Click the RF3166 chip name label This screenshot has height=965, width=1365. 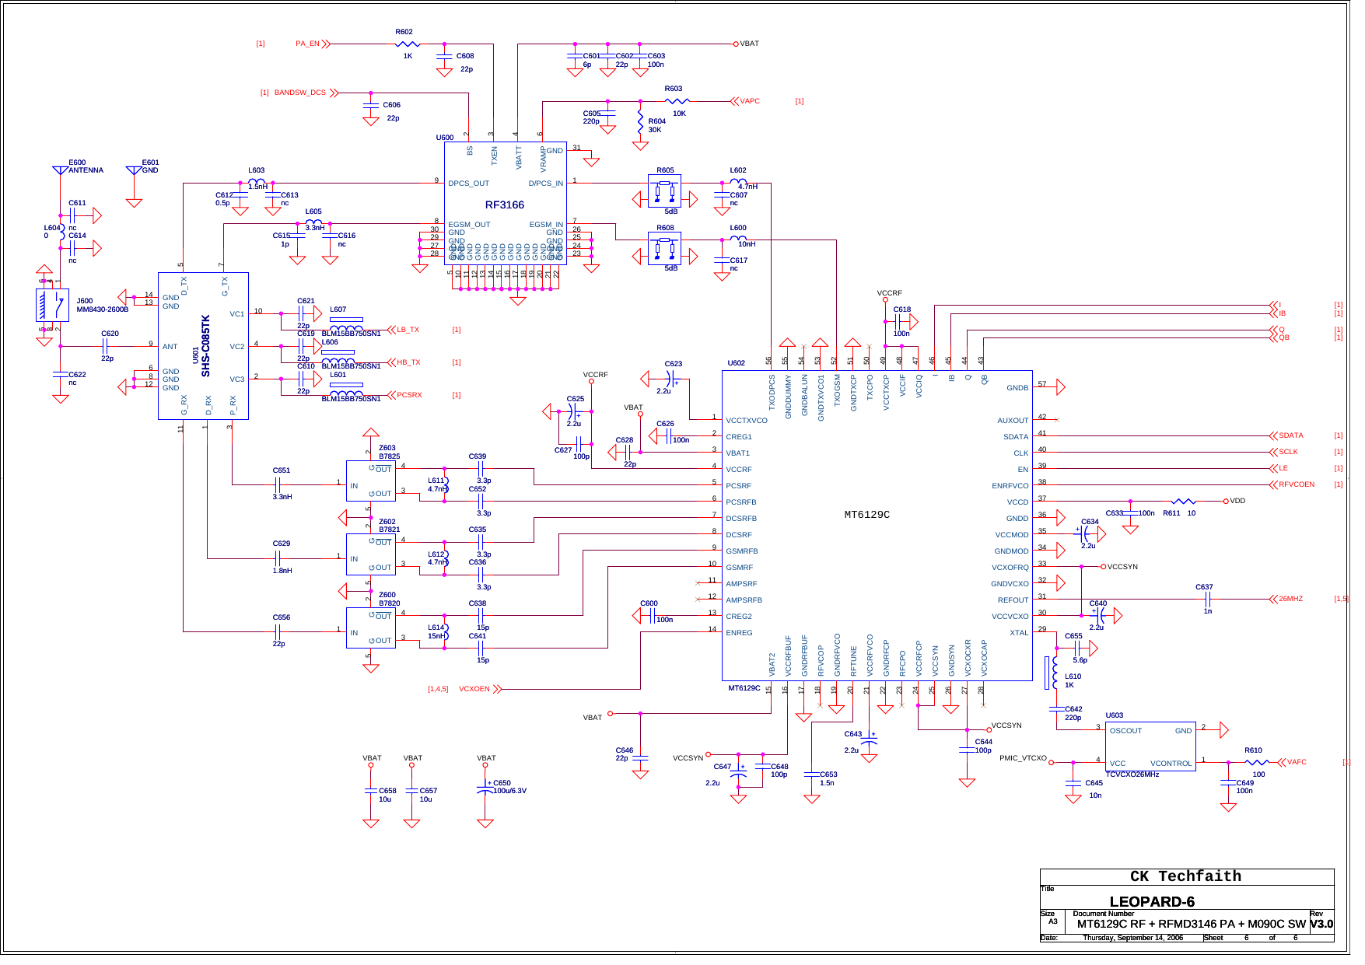(504, 205)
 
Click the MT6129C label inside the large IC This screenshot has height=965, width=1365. (866, 515)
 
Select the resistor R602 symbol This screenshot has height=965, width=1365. (407, 44)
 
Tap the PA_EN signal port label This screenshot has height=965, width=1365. (307, 44)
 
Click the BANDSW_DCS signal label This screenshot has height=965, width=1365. (299, 93)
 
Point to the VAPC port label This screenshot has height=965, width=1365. (749, 101)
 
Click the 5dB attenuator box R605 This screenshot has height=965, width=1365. (664, 191)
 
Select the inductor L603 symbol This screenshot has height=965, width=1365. (256, 183)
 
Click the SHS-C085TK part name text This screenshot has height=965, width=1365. (206, 345)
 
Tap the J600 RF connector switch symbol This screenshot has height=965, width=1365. (52, 305)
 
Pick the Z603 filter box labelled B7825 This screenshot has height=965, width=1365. (371, 481)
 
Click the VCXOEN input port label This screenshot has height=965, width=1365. (474, 689)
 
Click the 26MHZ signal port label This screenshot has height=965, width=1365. (1290, 599)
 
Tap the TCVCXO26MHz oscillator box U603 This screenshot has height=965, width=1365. (1150, 746)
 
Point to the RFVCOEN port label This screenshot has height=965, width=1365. (1296, 484)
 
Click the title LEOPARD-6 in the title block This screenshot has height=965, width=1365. (1151, 902)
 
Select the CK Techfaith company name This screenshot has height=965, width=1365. (1185, 876)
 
